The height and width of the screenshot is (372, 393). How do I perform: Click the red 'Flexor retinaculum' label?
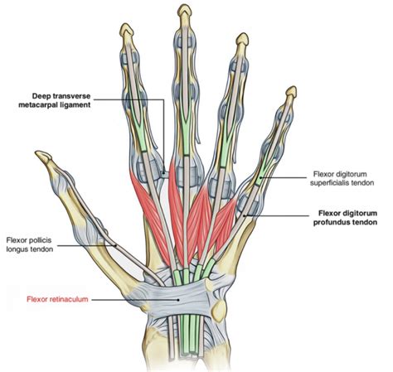click(57, 299)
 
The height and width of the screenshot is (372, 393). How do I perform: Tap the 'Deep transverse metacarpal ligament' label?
click(55, 100)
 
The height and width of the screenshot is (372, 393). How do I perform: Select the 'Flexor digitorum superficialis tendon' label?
click(342, 178)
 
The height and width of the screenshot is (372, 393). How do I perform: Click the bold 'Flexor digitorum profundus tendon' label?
click(345, 218)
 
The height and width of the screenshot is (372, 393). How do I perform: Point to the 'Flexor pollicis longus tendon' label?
click(30, 244)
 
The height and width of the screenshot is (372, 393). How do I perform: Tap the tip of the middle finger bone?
click(185, 6)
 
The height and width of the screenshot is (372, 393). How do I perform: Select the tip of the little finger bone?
click(293, 88)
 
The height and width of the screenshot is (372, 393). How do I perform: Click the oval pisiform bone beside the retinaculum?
click(219, 310)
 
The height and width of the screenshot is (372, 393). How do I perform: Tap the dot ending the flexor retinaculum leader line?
click(179, 300)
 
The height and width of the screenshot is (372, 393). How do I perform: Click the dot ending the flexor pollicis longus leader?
click(115, 245)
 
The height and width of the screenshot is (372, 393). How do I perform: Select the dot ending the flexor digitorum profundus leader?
click(244, 215)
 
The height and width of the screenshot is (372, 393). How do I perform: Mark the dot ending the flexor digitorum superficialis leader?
click(260, 177)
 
